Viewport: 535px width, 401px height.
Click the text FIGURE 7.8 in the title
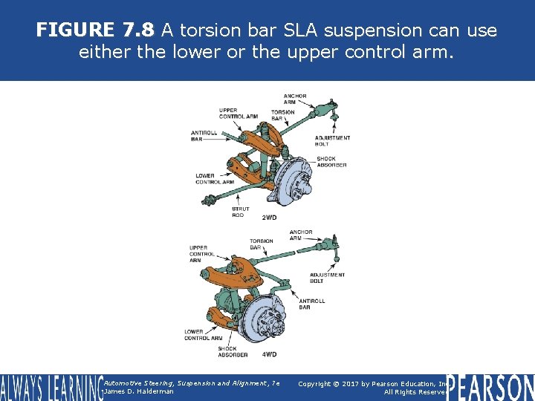[95, 30]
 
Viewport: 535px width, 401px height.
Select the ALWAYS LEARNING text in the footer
[51, 388]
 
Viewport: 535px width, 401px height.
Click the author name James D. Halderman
[139, 391]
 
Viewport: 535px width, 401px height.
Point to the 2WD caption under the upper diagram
[270, 218]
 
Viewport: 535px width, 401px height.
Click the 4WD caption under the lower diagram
[270, 354]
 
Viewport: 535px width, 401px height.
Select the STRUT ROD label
[240, 212]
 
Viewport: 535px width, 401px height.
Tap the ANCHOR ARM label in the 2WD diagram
[295, 99]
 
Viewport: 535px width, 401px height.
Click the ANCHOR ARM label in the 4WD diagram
[301, 235]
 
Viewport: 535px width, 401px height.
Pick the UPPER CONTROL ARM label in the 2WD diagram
[239, 113]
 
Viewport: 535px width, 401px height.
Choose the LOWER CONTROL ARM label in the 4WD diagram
[202, 335]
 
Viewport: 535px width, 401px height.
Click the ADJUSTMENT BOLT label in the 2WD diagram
[332, 140]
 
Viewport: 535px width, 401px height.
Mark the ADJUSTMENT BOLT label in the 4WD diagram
[327, 278]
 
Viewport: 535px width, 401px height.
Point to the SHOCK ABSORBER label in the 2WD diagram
[331, 161]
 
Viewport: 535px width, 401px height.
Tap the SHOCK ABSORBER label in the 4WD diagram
[233, 351]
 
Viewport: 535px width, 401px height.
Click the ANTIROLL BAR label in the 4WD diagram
[311, 304]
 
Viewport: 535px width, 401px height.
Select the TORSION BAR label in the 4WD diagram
[262, 244]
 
